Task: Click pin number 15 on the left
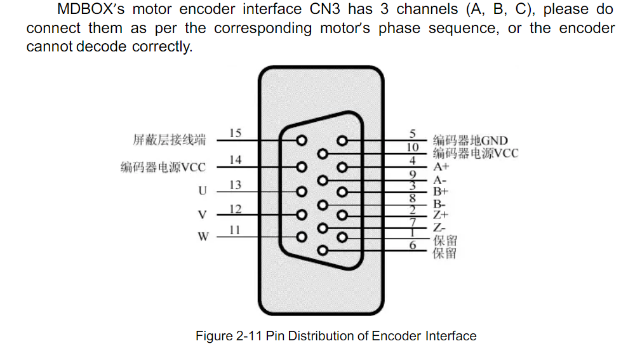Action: click(x=236, y=133)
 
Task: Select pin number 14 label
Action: click(x=236, y=159)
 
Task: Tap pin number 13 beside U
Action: click(x=236, y=185)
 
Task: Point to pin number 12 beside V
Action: click(x=236, y=209)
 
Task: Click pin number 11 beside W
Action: click(x=234, y=230)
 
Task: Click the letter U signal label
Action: click(x=203, y=190)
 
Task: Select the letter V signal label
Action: click(x=203, y=214)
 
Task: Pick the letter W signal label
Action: click(x=203, y=237)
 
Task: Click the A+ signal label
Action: click(x=441, y=166)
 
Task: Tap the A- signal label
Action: click(x=439, y=180)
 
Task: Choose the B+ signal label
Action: click(x=441, y=191)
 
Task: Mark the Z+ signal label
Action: click(x=441, y=215)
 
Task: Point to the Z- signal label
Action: click(x=439, y=227)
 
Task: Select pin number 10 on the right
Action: click(x=412, y=147)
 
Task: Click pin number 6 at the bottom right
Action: click(x=412, y=245)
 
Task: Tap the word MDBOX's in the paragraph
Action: click(x=91, y=10)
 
